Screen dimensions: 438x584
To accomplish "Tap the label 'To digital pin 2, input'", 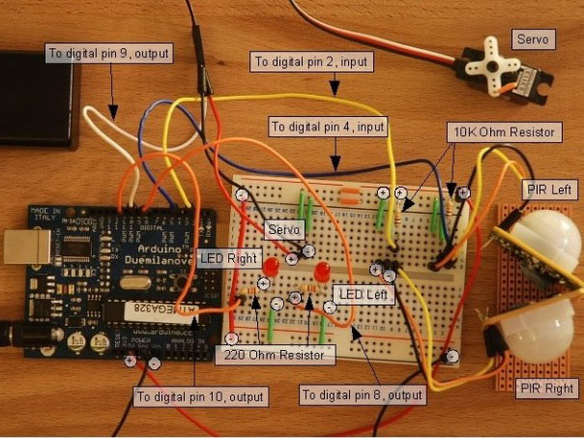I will (309, 61).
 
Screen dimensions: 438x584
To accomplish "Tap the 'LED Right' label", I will (228, 259).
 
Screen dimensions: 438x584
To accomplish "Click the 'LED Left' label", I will (363, 292).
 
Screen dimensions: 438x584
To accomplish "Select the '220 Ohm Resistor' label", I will (276, 355).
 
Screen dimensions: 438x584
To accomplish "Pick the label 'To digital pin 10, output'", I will (199, 396).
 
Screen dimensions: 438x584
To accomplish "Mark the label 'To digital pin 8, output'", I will (364, 395).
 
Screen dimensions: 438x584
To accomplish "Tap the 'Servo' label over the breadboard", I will (285, 229).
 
